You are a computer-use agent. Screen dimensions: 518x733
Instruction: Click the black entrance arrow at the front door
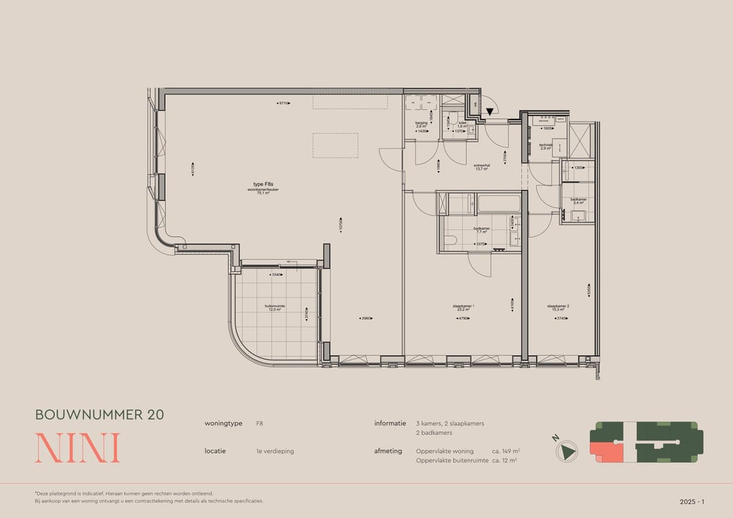[x=489, y=111]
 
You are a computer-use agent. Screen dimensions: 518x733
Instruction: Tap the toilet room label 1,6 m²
[x=462, y=125]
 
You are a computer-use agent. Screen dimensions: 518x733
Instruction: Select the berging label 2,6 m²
[x=421, y=125]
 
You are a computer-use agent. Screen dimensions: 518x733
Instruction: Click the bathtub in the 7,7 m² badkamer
[x=499, y=203]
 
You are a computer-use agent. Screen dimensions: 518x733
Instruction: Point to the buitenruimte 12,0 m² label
[x=275, y=308]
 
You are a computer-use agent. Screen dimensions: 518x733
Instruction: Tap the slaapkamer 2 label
[x=558, y=308]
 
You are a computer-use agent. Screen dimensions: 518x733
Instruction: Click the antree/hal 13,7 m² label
[x=482, y=167]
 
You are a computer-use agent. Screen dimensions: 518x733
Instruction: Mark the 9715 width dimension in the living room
[x=284, y=103]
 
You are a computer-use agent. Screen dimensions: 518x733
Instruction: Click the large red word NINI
[x=77, y=448]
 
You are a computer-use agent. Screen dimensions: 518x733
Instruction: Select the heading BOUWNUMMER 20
[x=99, y=414]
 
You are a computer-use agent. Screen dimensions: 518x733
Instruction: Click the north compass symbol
[x=566, y=451]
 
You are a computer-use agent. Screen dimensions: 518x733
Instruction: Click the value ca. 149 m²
[x=506, y=451]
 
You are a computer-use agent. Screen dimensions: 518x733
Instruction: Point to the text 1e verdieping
[x=275, y=451]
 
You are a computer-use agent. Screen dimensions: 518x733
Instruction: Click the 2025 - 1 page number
[x=692, y=502]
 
